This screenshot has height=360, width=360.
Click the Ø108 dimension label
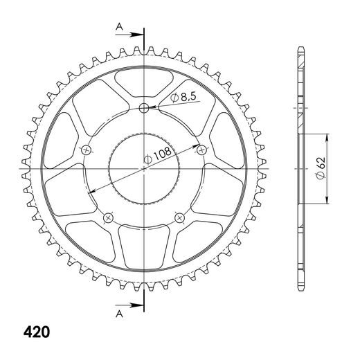coord(158,154)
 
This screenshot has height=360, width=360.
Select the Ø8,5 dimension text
coord(183,97)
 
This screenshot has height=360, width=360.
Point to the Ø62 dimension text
coord(321,168)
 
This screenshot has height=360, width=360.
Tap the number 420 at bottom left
coord(37,332)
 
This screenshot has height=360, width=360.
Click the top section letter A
coord(119,27)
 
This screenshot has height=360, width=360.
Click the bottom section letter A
coord(119,314)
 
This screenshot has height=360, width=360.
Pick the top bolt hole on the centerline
coord(144,108)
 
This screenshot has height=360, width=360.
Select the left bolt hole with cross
coord(87,150)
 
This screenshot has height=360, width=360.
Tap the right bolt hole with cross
coord(201,150)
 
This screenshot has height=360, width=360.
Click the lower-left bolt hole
coord(108,217)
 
